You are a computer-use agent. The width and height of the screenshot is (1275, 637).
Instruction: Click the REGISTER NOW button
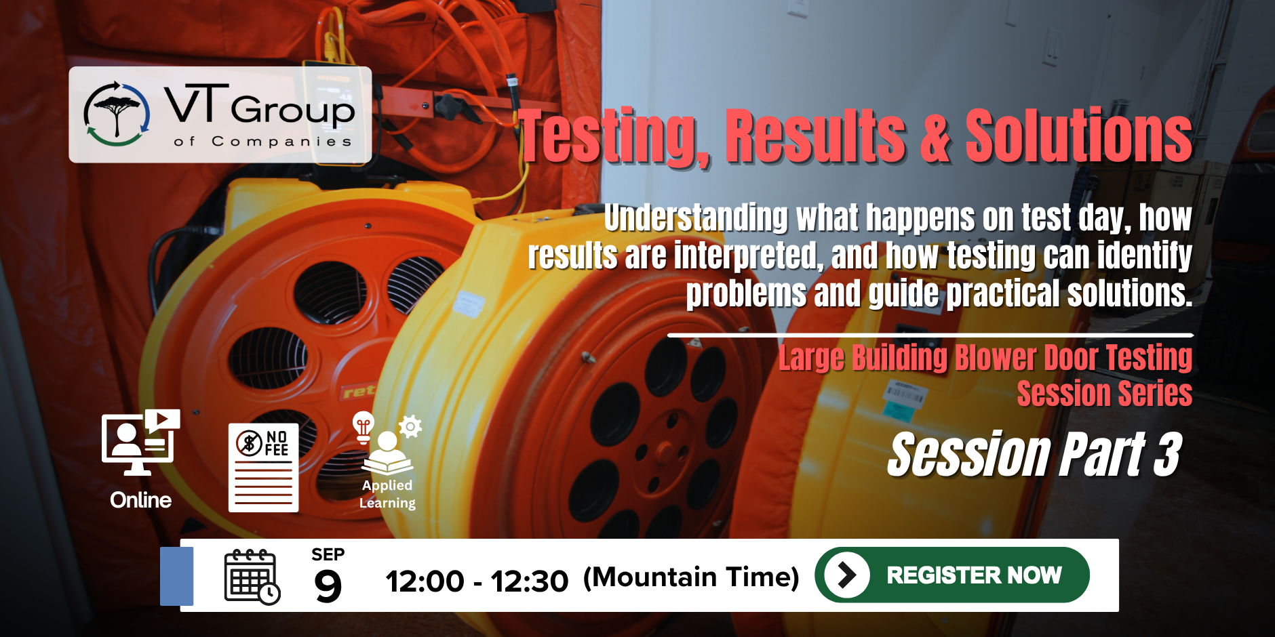pyautogui.click(x=952, y=575)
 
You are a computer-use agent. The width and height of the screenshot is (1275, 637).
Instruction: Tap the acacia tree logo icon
pyautogui.click(x=117, y=114)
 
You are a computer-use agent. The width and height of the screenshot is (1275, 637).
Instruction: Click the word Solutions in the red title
pyautogui.click(x=1078, y=136)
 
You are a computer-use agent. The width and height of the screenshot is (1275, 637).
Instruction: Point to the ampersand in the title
pyautogui.click(x=935, y=138)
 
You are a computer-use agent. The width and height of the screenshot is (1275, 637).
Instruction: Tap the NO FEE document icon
pyautogui.click(x=264, y=468)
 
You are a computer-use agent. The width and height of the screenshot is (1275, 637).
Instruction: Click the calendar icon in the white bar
pyautogui.click(x=252, y=577)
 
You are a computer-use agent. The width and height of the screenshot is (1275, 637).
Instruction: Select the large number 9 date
pyautogui.click(x=328, y=585)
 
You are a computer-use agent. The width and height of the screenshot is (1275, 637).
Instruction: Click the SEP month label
pyautogui.click(x=328, y=554)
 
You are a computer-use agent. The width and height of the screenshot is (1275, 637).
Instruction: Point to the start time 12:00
pyautogui.click(x=425, y=581)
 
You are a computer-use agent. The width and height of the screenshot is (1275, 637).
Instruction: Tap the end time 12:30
pyautogui.click(x=529, y=581)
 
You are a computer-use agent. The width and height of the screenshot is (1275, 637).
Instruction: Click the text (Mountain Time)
pyautogui.click(x=691, y=577)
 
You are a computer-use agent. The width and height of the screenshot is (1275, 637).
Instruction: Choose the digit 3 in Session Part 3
pyautogui.click(x=1168, y=455)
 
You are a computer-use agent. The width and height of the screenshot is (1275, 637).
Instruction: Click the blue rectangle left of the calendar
pyautogui.click(x=177, y=576)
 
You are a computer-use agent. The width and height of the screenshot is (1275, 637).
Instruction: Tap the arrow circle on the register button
pyautogui.click(x=846, y=575)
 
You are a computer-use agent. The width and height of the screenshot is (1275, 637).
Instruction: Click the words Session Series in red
pyautogui.click(x=1104, y=394)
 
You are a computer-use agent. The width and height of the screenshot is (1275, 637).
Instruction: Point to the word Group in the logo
pyautogui.click(x=293, y=110)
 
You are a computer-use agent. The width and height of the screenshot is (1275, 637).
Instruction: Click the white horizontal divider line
pyautogui.click(x=930, y=335)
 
